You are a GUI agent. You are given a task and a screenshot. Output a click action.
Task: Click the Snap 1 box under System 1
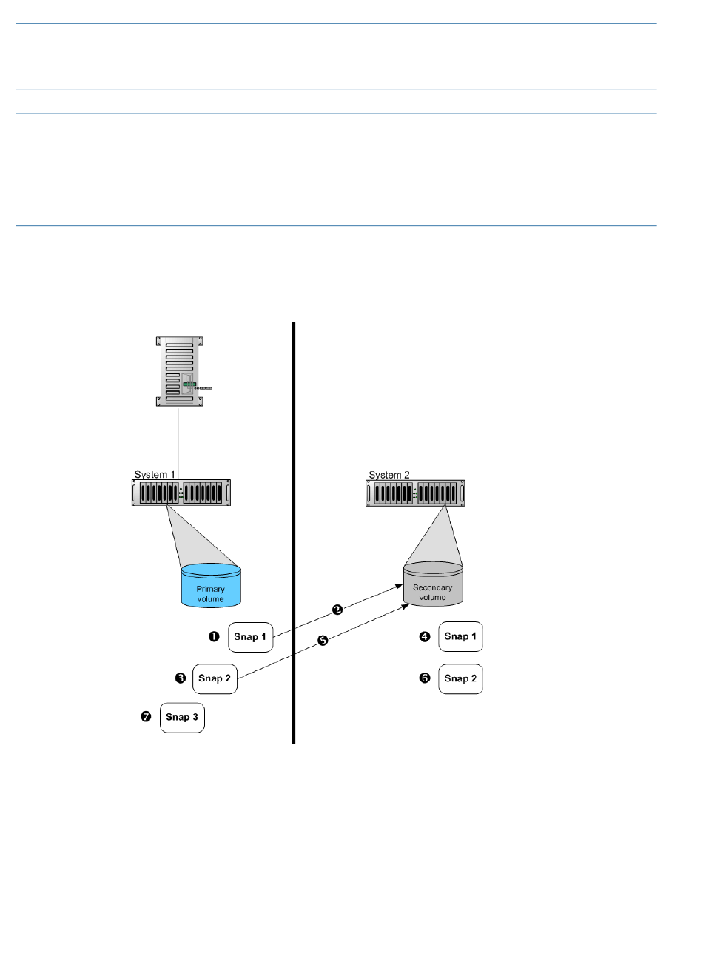pyautogui.click(x=250, y=637)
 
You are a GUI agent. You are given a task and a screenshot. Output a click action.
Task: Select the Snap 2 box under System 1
pyautogui.click(x=215, y=679)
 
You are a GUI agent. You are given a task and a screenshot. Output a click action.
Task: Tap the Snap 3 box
pyautogui.click(x=182, y=718)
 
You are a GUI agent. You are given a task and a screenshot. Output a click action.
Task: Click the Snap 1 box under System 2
pyautogui.click(x=460, y=636)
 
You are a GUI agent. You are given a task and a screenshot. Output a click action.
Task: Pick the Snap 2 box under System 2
pyautogui.click(x=460, y=679)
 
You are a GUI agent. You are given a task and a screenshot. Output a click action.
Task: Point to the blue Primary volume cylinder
pyautogui.click(x=211, y=585)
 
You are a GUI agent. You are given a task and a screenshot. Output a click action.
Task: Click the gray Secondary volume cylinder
pyautogui.click(x=433, y=584)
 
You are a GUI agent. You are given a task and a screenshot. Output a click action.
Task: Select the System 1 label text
pyautogui.click(x=155, y=475)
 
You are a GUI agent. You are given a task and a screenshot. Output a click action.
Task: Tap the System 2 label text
pyautogui.click(x=388, y=475)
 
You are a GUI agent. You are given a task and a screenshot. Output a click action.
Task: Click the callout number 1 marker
pyautogui.click(x=214, y=636)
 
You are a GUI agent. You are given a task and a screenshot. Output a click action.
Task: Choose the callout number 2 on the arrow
pyautogui.click(x=337, y=610)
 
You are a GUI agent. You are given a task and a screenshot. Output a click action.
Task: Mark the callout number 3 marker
pyautogui.click(x=181, y=678)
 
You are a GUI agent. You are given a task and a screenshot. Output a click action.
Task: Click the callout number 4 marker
pyautogui.click(x=425, y=636)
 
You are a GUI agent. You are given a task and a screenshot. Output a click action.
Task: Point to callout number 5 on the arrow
pyautogui.click(x=323, y=641)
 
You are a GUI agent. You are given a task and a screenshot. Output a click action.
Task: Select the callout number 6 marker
pyautogui.click(x=425, y=678)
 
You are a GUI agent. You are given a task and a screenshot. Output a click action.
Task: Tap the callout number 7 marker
pyautogui.click(x=146, y=716)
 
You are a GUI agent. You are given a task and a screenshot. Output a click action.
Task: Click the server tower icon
pyautogui.click(x=180, y=371)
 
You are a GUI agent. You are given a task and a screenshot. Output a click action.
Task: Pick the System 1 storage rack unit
pyautogui.click(x=181, y=493)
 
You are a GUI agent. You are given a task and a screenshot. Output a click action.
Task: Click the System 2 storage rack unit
pyautogui.click(x=415, y=493)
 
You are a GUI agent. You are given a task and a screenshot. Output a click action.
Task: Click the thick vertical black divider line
pyautogui.click(x=293, y=533)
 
